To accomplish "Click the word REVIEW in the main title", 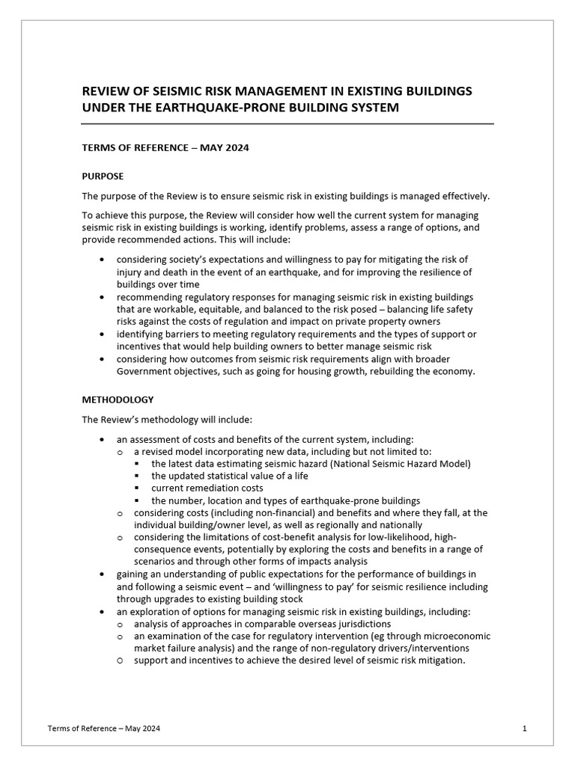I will click(x=105, y=91).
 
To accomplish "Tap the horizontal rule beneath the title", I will click(x=287, y=124).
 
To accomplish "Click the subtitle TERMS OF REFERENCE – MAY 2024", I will click(x=165, y=148).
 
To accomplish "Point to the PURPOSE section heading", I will click(x=103, y=177).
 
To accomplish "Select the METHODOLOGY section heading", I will click(x=118, y=400).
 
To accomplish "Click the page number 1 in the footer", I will click(x=525, y=728).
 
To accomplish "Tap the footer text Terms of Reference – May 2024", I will click(x=103, y=728).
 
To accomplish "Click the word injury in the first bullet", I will click(x=130, y=272).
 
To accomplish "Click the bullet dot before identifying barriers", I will click(x=102, y=334).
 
